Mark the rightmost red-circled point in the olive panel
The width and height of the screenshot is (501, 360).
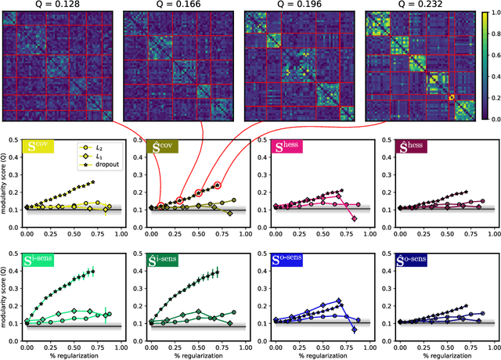pyautogui.click(x=218, y=185)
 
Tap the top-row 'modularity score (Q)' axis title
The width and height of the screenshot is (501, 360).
pyautogui.click(x=5, y=182)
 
